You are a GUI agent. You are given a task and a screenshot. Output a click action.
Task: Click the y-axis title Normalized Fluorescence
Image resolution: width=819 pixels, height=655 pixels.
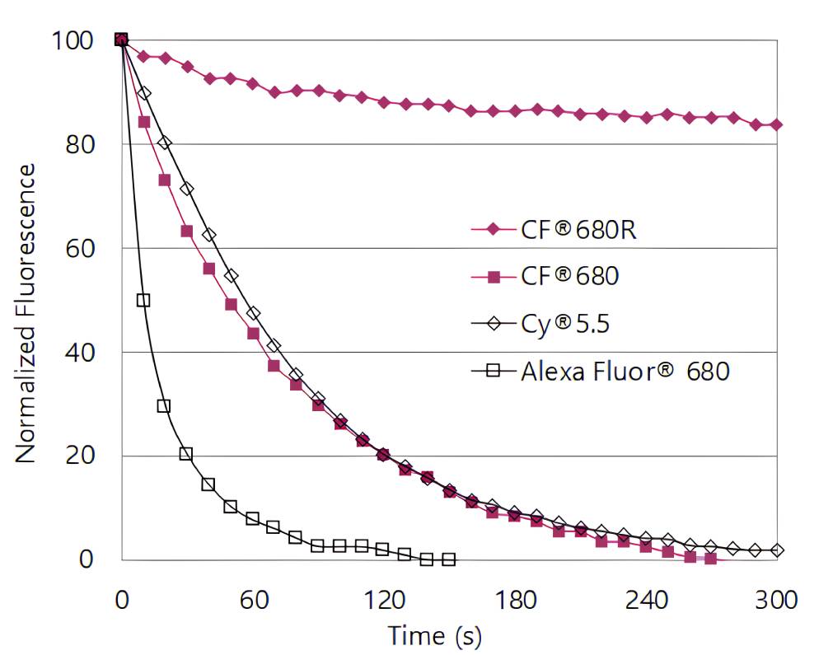[26, 312]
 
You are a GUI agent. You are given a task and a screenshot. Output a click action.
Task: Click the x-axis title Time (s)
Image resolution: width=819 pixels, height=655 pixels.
[434, 635]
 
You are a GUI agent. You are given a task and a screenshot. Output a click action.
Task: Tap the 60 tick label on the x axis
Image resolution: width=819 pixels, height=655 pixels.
[253, 599]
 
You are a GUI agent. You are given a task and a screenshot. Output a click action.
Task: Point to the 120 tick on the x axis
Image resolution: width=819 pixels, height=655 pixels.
[384, 599]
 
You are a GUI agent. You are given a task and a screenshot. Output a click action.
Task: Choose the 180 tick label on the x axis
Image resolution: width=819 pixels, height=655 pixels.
[515, 599]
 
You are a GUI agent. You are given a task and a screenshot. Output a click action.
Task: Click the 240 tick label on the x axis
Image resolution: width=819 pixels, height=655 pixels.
[645, 599]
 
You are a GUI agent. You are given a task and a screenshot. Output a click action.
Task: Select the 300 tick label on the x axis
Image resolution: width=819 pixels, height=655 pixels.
[776, 599]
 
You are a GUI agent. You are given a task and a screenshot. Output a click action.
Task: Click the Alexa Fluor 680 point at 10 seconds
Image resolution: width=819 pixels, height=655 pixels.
[143, 301]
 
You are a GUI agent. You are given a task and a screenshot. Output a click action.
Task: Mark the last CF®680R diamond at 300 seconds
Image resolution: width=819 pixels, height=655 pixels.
[776, 125]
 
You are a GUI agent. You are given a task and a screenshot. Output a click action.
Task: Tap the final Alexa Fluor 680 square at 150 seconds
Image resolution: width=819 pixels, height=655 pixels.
[448, 559]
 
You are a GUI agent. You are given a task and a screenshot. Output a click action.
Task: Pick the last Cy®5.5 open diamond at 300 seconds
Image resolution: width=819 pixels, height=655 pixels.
[776, 550]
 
